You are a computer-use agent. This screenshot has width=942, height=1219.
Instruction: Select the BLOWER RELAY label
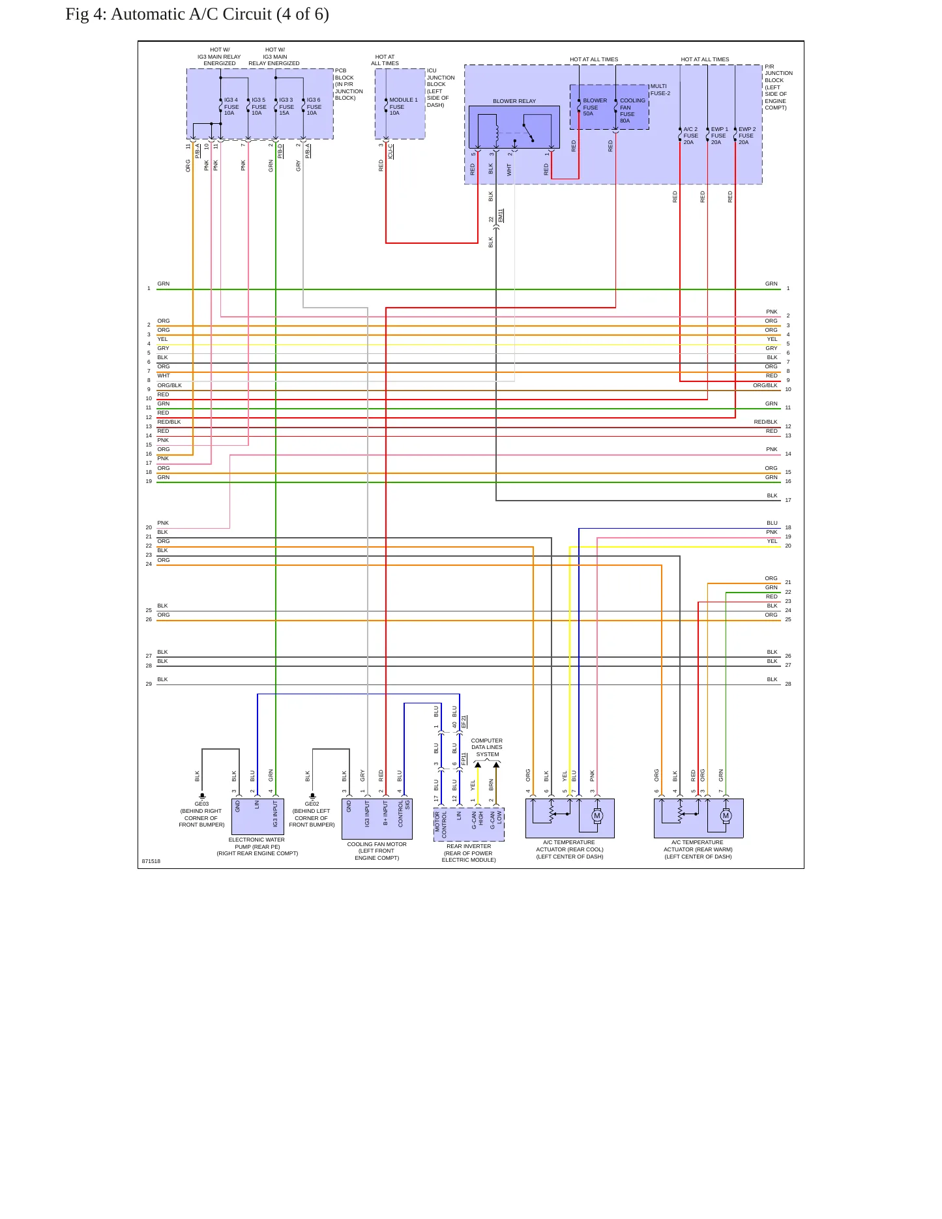514,101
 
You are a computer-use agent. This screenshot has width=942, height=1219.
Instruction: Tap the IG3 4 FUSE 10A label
231,106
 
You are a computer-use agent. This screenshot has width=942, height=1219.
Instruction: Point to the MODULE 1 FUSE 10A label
404,106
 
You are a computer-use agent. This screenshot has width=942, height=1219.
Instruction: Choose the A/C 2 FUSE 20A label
690,136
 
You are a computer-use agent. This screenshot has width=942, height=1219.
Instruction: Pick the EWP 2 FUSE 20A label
747,136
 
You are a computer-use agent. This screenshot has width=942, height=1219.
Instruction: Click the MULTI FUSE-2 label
660,89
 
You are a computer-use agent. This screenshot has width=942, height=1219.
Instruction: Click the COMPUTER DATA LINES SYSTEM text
487,748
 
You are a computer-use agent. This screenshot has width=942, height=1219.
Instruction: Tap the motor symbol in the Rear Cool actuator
596,815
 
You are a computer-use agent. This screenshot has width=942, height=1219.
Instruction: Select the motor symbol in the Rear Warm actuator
726,815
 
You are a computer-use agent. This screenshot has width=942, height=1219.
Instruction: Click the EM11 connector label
501,216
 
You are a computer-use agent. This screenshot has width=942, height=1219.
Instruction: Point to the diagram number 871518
151,861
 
